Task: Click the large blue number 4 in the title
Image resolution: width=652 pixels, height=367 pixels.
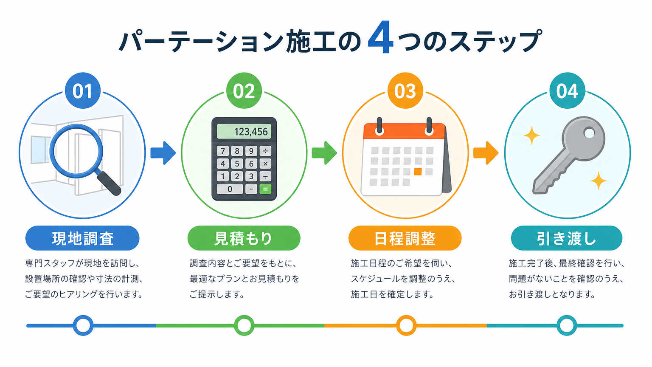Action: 381,37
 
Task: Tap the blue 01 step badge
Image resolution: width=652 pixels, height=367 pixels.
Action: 83,90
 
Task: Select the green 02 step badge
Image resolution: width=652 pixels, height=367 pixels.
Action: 244,90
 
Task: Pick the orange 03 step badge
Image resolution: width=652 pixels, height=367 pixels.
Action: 405,90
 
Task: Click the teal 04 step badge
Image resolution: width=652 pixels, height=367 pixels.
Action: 567,90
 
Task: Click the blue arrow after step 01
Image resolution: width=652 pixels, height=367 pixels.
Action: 163,153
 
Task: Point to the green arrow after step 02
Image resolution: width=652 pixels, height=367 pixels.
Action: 324,153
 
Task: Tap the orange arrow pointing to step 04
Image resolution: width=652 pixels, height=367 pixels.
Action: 486,153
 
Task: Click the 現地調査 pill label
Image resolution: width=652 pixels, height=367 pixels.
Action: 82,238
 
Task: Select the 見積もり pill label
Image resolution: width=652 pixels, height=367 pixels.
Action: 244,238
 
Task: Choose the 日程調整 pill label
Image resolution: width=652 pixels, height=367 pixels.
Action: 405,238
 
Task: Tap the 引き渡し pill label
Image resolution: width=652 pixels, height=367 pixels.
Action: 567,238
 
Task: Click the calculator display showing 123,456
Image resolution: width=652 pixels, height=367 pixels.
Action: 244,131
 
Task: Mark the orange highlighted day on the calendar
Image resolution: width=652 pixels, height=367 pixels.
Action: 418,172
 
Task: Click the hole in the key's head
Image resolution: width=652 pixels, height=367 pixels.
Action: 589,133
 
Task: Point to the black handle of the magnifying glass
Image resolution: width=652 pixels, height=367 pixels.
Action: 109,183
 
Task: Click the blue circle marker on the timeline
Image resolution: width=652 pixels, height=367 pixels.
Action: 83,325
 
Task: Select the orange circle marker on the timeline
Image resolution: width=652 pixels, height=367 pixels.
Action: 406,325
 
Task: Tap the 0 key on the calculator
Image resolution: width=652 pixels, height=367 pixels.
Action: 230,189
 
